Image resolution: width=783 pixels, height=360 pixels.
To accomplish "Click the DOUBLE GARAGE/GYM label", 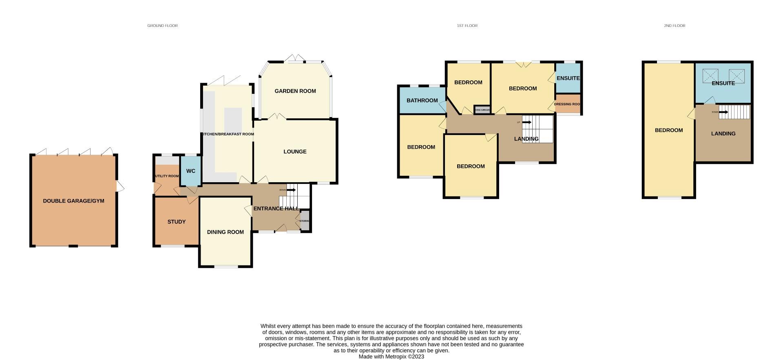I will pos(73,201).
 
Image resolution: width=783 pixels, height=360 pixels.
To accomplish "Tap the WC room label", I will pos(190,171).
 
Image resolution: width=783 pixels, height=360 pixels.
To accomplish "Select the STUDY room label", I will pos(176,222).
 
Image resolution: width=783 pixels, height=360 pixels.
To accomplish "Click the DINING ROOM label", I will pos(225,232).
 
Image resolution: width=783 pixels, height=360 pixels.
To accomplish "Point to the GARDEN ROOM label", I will pos(295,91).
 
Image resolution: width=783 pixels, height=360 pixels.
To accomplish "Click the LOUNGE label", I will pos(295,152).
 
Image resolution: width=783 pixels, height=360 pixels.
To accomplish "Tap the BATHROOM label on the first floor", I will pos(422,100).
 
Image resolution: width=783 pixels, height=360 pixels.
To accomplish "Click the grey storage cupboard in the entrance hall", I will pos(305,221).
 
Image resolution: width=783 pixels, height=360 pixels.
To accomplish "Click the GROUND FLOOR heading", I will pos(162,26).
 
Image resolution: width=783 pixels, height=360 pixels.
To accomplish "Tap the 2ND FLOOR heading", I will pos(674,26).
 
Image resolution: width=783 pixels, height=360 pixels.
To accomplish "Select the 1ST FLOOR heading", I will pos(467,26).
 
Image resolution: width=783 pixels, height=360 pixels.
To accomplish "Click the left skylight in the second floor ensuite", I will pos(710,76).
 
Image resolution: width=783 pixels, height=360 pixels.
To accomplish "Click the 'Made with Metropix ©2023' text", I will pos(391,356).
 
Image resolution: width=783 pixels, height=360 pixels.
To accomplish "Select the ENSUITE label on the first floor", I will pos(568,78).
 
